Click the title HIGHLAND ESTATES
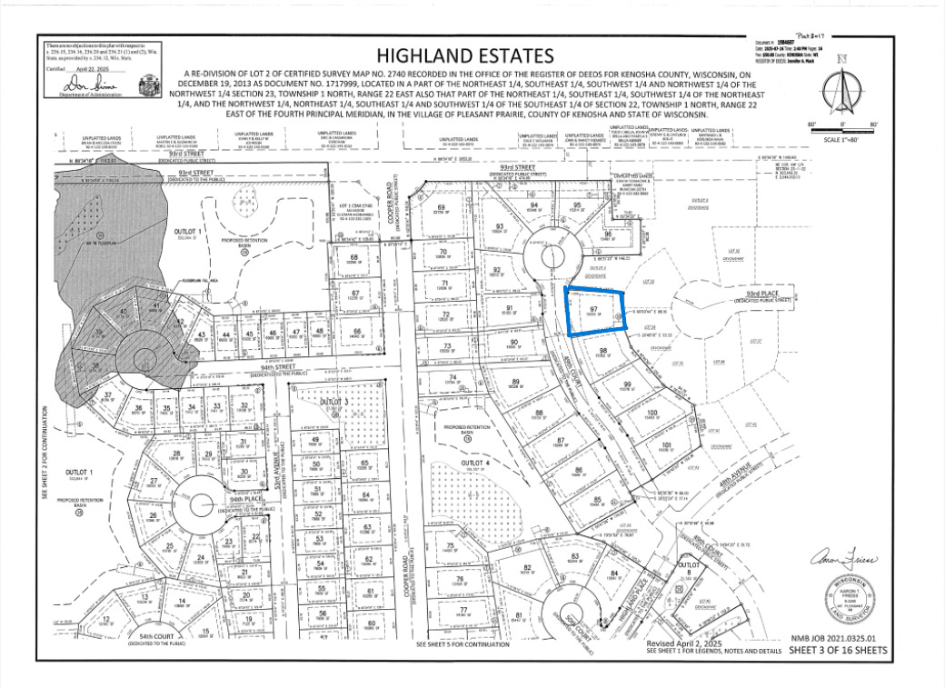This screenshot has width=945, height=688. pos(464,56)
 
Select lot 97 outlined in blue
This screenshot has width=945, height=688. pos(595,312)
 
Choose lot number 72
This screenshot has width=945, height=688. pos(445,315)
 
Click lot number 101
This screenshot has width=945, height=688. pos(666,445)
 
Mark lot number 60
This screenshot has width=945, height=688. pos(370,623)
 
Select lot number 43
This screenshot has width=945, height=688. pos(201,334)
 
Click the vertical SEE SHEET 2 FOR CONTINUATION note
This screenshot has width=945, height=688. pos(44,451)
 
